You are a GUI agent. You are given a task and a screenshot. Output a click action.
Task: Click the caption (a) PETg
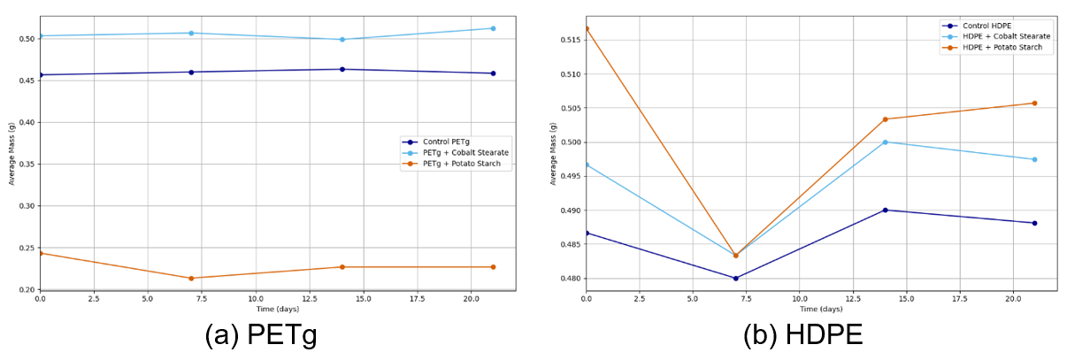click(261, 336)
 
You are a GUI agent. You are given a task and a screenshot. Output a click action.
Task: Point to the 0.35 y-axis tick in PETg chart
click(26, 165)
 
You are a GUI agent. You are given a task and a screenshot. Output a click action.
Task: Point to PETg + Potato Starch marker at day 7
click(191, 278)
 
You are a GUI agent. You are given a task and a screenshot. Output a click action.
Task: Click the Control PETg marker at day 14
click(342, 69)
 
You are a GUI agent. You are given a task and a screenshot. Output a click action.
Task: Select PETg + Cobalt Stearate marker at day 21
click(493, 28)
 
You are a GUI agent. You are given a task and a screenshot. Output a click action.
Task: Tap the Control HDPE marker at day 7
click(735, 278)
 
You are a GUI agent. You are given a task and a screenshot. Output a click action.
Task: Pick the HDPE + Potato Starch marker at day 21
click(1034, 103)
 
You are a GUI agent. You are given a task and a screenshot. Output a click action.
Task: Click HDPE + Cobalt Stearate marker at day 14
click(885, 142)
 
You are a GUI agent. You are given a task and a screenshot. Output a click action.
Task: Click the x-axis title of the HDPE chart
click(821, 309)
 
